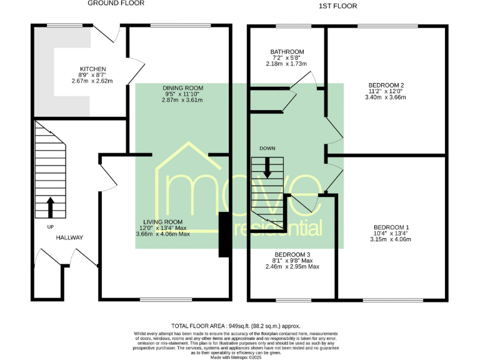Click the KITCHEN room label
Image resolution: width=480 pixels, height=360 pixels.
pos(92,69)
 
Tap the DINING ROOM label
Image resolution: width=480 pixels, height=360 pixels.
pos(182,87)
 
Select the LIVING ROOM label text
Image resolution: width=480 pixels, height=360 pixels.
pos(162,222)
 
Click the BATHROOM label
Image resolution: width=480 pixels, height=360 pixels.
pos(287,52)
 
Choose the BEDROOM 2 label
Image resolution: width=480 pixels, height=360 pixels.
pos(386,85)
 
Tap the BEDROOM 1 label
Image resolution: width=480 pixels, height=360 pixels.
pos(391,227)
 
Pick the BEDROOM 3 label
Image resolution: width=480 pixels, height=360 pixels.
pos(292,255)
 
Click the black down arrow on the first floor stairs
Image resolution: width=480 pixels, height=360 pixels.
pos(267,168)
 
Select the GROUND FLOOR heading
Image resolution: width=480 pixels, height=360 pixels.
pos(116,4)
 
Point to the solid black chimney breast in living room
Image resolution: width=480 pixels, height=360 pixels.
pos(223,235)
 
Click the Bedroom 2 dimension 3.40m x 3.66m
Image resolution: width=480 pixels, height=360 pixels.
pos(386,97)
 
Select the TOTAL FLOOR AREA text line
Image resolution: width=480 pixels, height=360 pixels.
pos(236,326)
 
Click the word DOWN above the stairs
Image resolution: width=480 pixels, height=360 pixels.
pos(267,149)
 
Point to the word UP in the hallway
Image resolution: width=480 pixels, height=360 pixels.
pos(50,226)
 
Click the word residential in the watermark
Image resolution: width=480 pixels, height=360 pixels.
pos(278,228)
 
